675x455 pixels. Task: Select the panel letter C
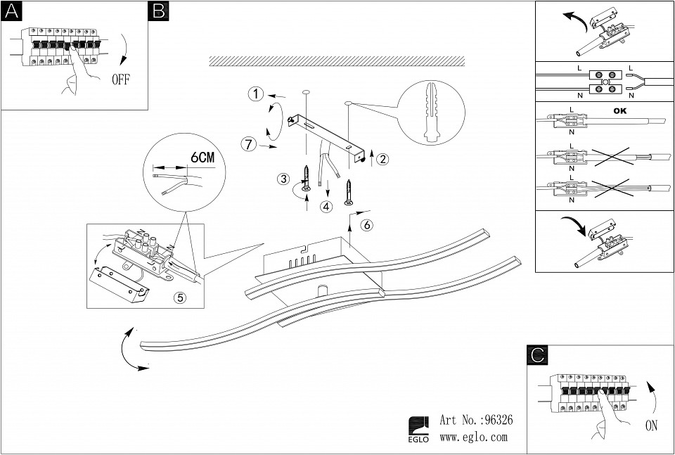536,356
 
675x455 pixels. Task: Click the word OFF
121,79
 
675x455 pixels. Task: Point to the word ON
652,425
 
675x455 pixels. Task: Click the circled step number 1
256,94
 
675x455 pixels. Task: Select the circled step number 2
382,159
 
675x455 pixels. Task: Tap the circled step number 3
284,179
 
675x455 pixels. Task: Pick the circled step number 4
326,207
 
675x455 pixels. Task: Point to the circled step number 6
366,226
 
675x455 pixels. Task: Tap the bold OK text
620,111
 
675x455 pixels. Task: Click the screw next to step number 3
307,179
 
